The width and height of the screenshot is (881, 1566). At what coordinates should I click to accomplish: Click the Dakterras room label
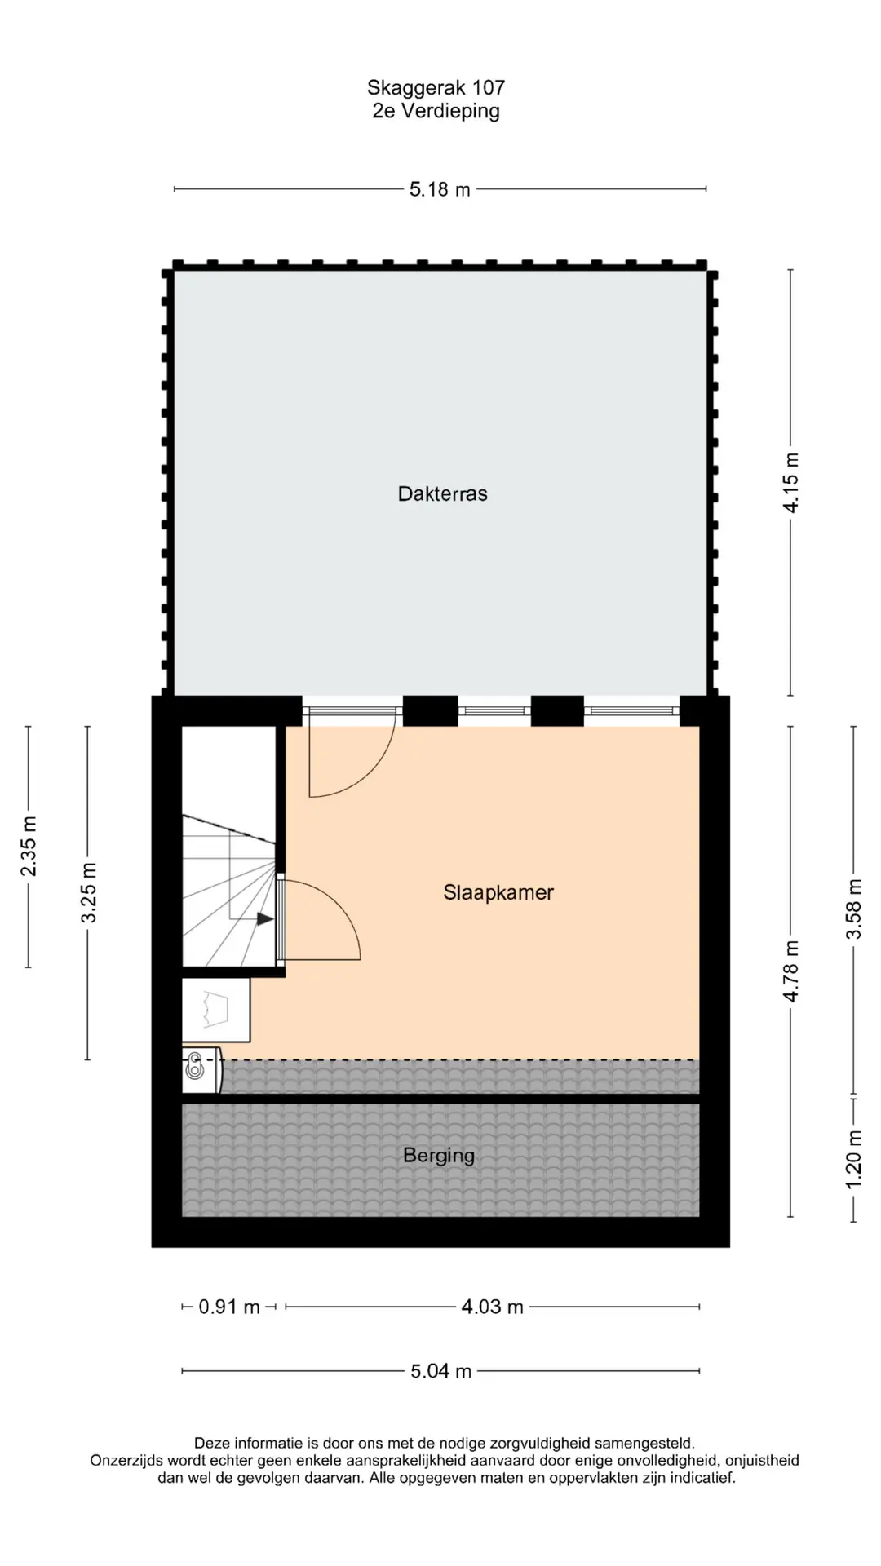coord(442,493)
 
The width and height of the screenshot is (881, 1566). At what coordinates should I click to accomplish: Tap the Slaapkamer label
coord(498,893)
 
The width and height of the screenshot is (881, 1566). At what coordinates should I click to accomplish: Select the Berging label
coord(439,1156)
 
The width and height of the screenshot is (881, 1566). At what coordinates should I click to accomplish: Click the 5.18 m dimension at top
coord(440,189)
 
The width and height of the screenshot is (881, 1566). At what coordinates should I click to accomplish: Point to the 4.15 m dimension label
coord(790,482)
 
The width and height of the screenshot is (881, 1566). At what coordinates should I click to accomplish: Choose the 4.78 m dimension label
coord(790,971)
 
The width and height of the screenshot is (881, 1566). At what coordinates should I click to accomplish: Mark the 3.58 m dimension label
coord(853,909)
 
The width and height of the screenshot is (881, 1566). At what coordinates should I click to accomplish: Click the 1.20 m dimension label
coord(853,1159)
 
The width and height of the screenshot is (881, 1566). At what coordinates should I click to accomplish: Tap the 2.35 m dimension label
coord(29,846)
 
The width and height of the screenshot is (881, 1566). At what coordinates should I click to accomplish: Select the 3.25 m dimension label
coord(88,893)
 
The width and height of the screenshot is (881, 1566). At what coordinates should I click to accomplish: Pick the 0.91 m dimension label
coord(229,1307)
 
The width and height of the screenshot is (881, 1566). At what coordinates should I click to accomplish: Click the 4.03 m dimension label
coord(493,1307)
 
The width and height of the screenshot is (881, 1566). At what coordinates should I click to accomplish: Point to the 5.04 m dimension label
coord(440,1371)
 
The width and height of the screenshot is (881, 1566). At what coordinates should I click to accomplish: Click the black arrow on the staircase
coord(265,919)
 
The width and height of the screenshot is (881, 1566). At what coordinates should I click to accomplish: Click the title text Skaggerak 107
coord(436,87)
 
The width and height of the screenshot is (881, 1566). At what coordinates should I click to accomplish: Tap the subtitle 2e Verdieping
coord(436,111)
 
